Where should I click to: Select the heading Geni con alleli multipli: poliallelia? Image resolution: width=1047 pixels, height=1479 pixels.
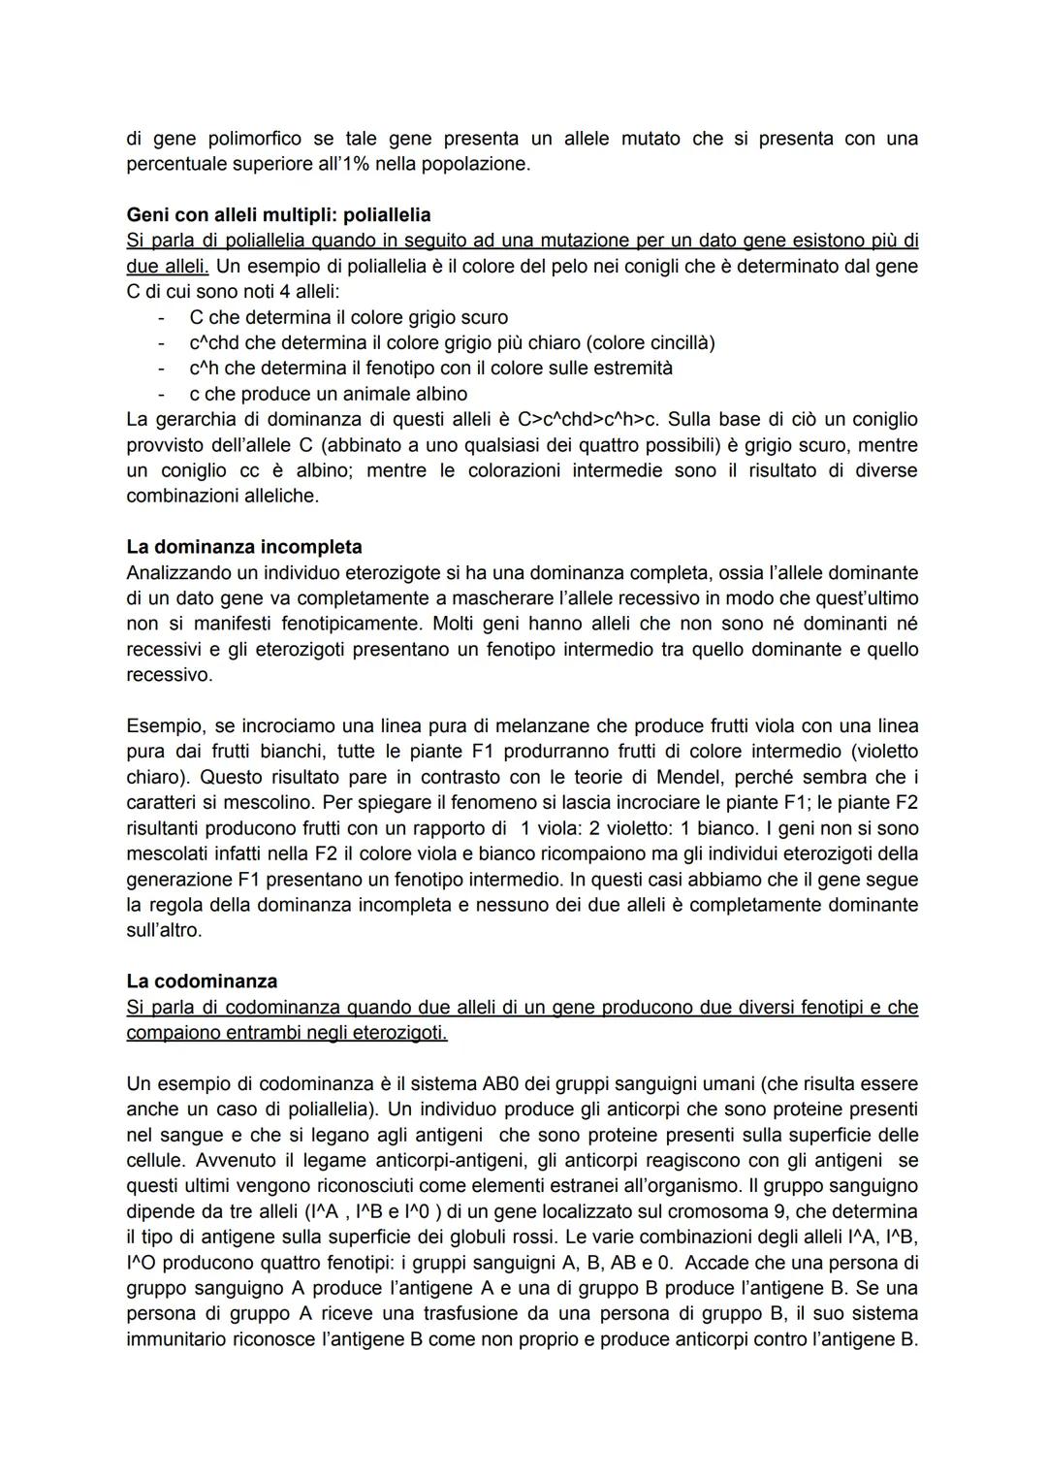[x=278, y=214]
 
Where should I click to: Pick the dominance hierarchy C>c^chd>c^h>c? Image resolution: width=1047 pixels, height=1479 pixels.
[x=588, y=420]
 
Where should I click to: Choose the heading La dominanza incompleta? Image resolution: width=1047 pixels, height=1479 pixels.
[x=244, y=547]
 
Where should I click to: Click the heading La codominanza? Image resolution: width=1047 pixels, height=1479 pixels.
[x=202, y=981]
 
